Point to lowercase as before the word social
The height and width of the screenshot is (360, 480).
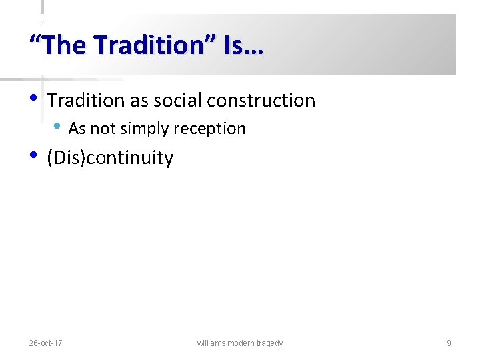coord(139,101)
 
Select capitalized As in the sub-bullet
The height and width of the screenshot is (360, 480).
coord(77,129)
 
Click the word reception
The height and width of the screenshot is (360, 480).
coord(211,129)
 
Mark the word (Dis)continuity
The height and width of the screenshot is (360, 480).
coord(110,159)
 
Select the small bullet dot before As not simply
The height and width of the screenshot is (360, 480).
coord(58,127)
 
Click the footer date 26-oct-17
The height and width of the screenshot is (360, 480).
coord(46,343)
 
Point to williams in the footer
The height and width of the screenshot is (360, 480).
coord(211,343)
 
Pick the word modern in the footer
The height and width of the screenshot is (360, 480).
coord(242,343)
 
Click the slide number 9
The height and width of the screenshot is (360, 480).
coord(449,343)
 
